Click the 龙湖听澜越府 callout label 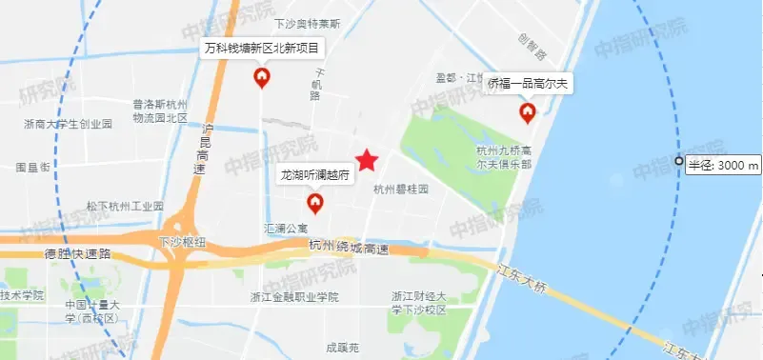click(x=315, y=175)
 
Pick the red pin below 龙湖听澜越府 click(x=314, y=202)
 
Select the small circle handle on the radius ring click(x=678, y=162)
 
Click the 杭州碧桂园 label click(x=401, y=190)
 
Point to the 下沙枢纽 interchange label click(x=182, y=242)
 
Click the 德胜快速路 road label click(x=78, y=254)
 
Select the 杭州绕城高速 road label click(x=351, y=247)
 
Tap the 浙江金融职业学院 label click(x=300, y=297)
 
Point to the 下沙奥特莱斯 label click(x=308, y=24)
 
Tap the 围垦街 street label click(x=32, y=167)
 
